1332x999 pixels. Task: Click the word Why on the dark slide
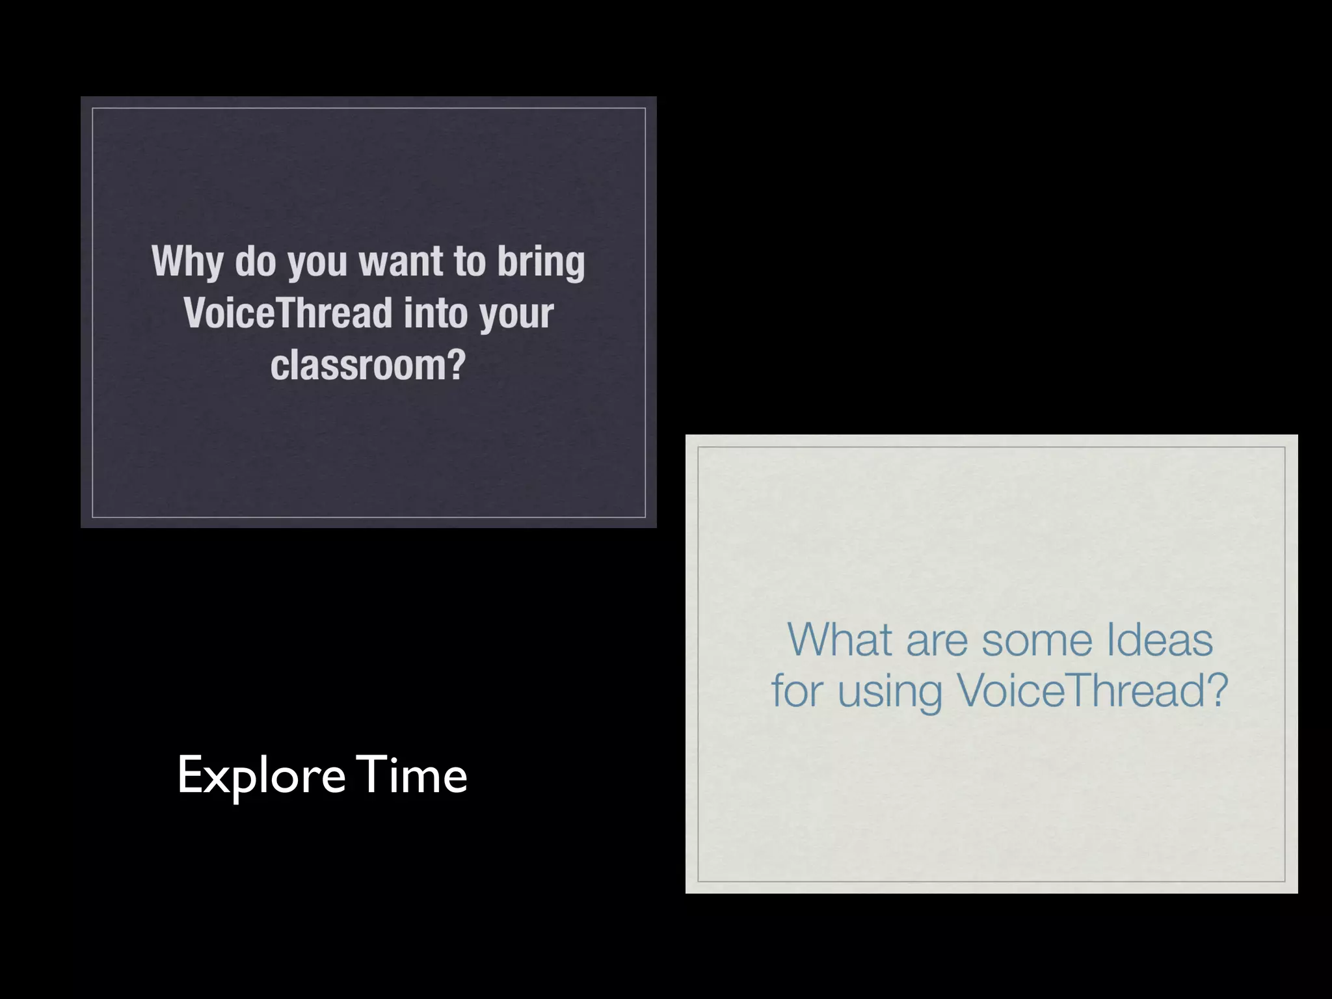click(187, 261)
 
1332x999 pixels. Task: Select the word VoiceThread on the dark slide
click(287, 313)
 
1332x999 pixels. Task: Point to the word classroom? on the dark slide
click(368, 365)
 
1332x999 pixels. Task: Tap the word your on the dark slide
click(516, 315)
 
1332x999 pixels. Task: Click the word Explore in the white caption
click(261, 776)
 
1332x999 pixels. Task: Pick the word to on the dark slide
click(470, 261)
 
